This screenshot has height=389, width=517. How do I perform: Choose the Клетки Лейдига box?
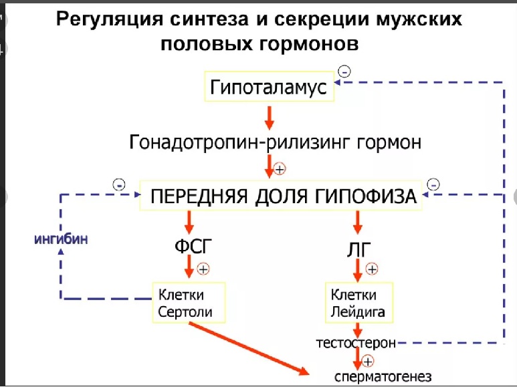358,303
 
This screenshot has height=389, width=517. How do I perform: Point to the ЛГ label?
359,249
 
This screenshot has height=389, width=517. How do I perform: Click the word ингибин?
62,239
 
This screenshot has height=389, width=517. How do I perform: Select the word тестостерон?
356,343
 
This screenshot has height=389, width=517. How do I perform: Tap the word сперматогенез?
383,374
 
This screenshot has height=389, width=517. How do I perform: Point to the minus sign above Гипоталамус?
344,70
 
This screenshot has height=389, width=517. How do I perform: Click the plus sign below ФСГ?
204,269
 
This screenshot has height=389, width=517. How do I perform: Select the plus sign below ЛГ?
373,269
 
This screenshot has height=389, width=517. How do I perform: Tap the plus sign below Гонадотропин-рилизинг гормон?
280,168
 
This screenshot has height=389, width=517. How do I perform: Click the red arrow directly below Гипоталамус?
269,118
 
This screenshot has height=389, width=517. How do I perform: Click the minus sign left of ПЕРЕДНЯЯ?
119,184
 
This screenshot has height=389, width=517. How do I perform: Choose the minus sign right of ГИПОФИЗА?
433,184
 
